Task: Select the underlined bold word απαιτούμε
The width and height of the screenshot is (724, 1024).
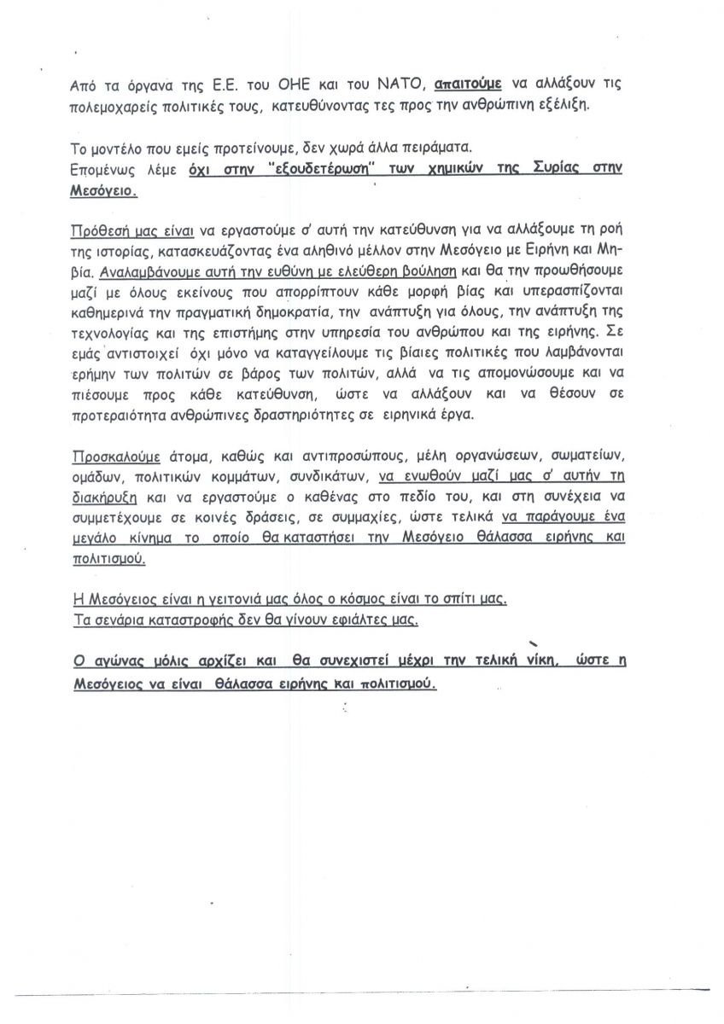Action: click(467, 85)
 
